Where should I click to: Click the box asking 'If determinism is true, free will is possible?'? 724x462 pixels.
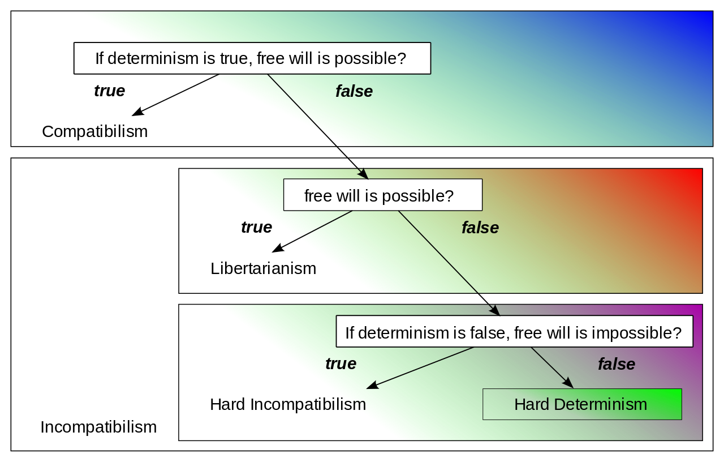(252, 58)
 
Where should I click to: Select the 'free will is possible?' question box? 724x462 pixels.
(383, 195)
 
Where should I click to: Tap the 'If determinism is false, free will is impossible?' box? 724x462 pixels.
(515, 331)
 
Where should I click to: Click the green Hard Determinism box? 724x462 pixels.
(582, 404)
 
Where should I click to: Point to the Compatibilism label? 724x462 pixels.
(94, 132)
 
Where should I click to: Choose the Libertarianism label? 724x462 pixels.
(264, 268)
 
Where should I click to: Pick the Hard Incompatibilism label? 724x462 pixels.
(288, 405)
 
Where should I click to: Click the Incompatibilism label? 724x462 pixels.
(98, 427)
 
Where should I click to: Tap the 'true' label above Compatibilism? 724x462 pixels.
(110, 91)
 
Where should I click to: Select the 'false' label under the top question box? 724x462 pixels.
(354, 91)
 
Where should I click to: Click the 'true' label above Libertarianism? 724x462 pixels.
(257, 227)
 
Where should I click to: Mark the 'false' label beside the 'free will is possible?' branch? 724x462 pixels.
(480, 228)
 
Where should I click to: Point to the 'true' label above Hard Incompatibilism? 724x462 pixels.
(341, 363)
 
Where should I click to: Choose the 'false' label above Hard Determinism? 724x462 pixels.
(617, 364)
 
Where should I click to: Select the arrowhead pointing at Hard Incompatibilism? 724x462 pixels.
(372, 385)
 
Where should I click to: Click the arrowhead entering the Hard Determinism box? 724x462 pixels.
(568, 383)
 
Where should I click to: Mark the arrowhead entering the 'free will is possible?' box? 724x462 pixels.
(363, 174)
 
